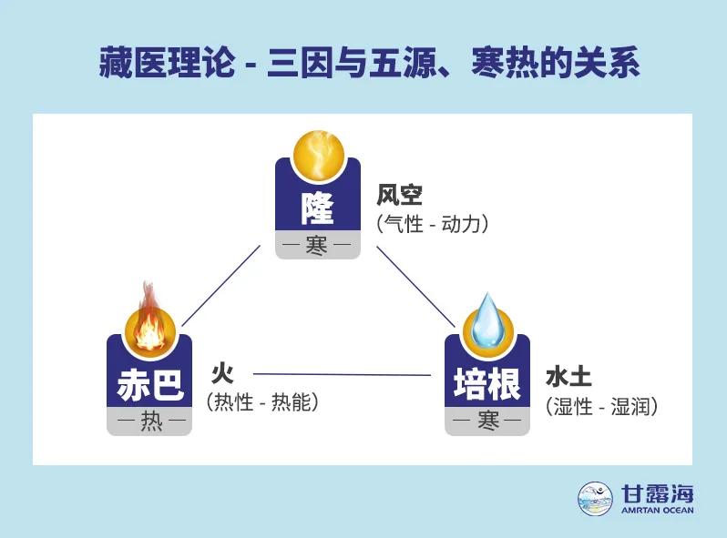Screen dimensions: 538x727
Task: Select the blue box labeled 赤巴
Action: [x=149, y=382]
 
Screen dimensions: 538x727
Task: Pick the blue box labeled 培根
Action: [x=487, y=382]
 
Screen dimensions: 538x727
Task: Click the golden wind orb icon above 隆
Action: [x=318, y=155]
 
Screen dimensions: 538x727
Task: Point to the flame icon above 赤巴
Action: [x=148, y=319]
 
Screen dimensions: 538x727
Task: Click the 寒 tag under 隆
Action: [x=318, y=246]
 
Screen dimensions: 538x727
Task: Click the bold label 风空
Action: [x=401, y=195]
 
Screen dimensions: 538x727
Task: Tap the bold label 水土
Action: [x=569, y=377]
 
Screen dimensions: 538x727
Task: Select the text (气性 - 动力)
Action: [x=433, y=223]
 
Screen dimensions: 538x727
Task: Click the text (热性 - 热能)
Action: [x=263, y=401]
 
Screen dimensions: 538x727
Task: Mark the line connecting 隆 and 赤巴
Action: [x=222, y=285]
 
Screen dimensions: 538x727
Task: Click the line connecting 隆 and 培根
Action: [x=415, y=285]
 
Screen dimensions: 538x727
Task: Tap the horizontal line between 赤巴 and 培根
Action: [x=342, y=374]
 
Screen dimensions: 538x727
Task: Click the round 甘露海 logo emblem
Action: [x=595, y=497]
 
